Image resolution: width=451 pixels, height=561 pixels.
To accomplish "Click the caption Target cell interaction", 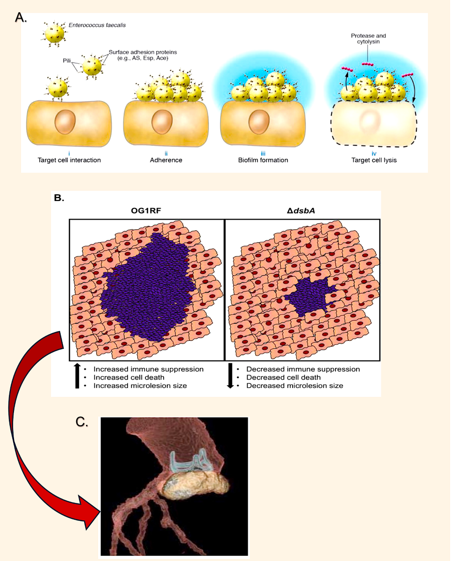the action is tap(69, 160).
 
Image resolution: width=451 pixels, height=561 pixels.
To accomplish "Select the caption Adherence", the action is tap(166, 160).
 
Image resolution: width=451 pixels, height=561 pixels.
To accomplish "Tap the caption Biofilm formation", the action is tap(262, 160).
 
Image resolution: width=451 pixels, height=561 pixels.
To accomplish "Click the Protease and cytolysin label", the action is tap(369, 39).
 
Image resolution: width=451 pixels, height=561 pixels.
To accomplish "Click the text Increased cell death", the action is tap(129, 377).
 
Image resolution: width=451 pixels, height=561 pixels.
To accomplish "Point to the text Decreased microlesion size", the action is tap(294, 386).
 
